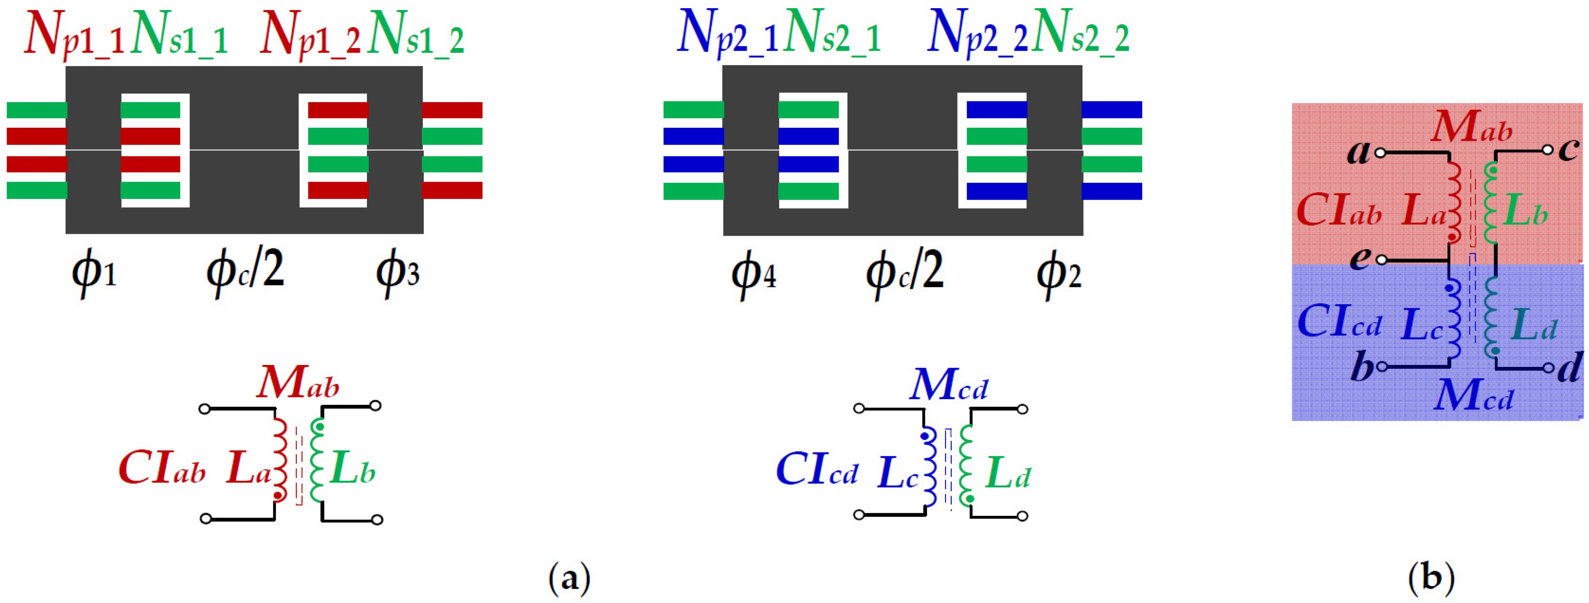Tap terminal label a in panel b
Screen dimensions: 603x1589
[1358, 152]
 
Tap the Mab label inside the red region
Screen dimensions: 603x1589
[1472, 128]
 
